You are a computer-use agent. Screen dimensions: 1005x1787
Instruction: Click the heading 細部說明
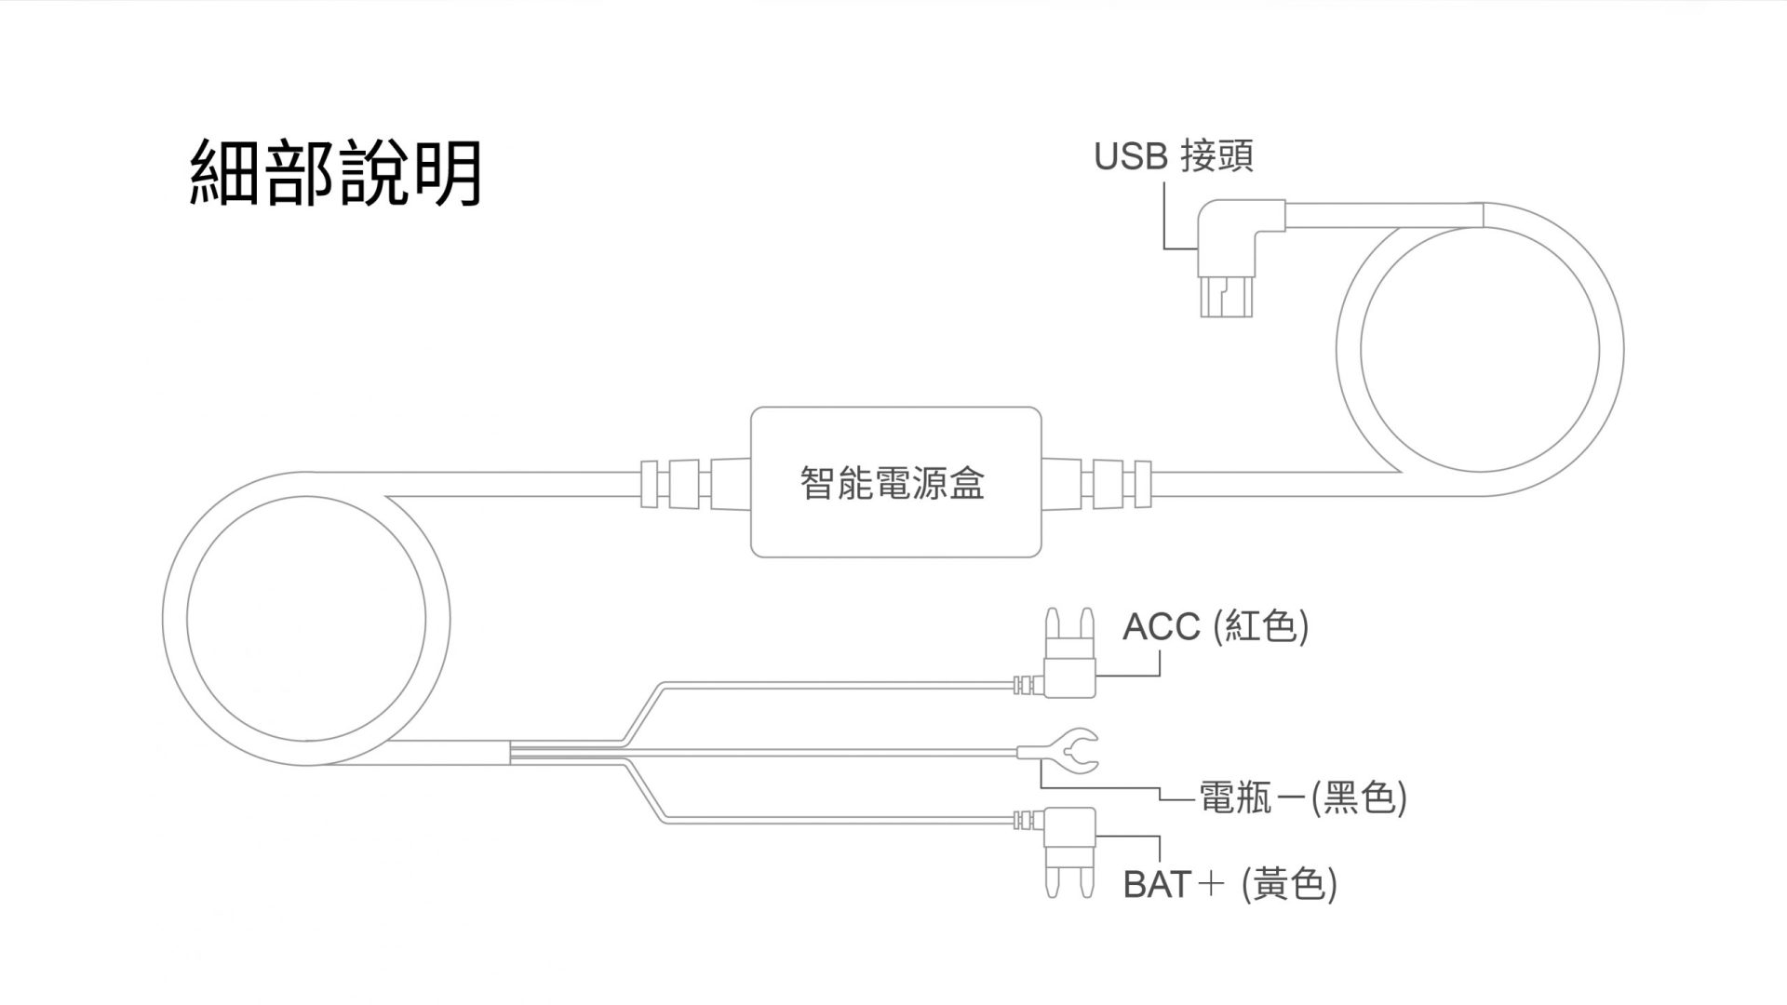336,173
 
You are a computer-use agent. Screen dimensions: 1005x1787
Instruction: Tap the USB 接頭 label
1174,155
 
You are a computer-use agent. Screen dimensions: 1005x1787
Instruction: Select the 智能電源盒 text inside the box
892,483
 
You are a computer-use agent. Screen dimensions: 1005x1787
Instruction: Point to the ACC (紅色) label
1216,626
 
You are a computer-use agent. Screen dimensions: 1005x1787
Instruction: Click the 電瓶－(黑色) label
1302,797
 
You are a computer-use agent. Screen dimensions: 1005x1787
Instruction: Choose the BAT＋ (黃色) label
1229,883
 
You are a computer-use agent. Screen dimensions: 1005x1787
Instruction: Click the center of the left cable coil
305,619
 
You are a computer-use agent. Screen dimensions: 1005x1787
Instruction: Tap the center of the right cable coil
1480,350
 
